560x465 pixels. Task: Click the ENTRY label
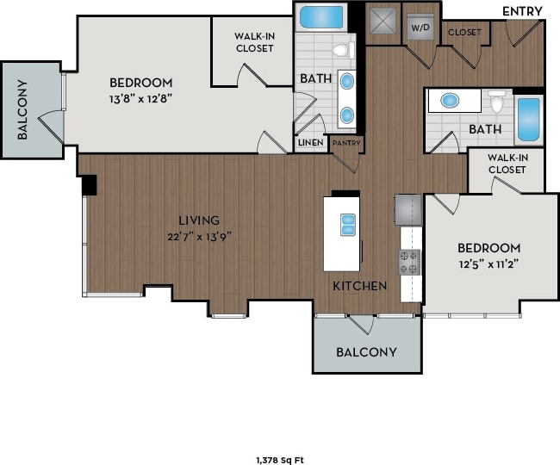tap(522, 10)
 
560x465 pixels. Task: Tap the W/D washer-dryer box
tap(420, 27)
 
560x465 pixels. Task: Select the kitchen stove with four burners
tap(409, 262)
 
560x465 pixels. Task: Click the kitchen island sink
tap(348, 224)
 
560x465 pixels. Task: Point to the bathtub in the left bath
tap(320, 17)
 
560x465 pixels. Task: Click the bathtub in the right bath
tap(528, 119)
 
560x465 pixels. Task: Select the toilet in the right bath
tap(496, 102)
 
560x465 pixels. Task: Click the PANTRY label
tap(345, 143)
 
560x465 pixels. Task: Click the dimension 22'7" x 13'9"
tap(199, 236)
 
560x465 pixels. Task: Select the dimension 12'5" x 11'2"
tap(488, 264)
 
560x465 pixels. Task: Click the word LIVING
tap(199, 220)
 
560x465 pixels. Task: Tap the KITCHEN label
tap(360, 285)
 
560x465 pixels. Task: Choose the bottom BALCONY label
tap(366, 351)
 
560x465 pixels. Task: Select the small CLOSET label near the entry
tap(464, 33)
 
